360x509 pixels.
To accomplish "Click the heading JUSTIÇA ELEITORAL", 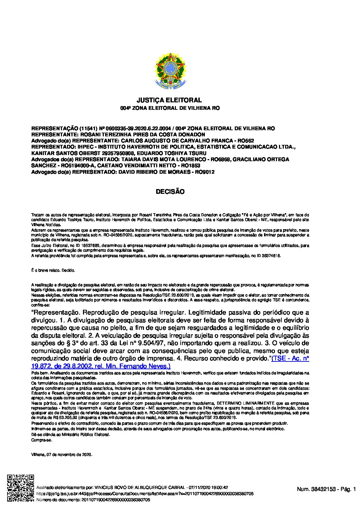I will pos(169,100).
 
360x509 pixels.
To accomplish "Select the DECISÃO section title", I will pos(170,192).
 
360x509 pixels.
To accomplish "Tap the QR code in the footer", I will pos(21,488).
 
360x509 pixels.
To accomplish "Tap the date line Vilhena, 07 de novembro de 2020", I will pos(62,454).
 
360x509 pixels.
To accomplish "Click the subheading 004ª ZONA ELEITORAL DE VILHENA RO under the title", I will pos(169,108).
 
